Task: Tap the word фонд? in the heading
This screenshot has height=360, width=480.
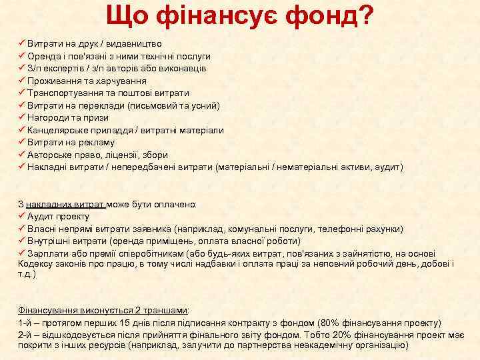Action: tap(329, 15)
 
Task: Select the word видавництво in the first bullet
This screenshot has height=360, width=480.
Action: tap(127, 44)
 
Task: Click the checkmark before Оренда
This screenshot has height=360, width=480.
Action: tap(21, 56)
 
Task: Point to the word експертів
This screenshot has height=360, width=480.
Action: tap(63, 69)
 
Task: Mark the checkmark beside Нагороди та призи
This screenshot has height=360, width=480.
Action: tap(21, 117)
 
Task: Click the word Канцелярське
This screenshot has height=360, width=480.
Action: tap(57, 130)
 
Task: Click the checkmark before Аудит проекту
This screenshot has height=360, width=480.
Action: tap(21, 217)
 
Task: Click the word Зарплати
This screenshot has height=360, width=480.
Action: tap(47, 253)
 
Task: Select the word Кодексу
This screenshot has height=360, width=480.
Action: tap(35, 264)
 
